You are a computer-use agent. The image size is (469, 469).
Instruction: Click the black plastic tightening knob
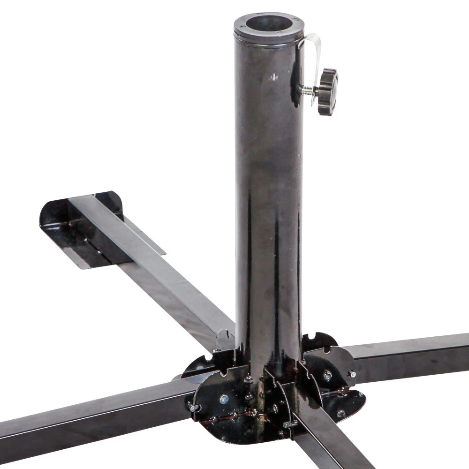[327, 91]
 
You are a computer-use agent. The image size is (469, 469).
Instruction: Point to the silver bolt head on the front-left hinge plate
[224, 399]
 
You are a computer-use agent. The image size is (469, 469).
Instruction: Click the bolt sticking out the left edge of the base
[192, 407]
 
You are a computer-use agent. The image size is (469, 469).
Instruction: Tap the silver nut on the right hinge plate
[327, 375]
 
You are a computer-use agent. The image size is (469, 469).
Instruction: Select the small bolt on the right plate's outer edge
[352, 374]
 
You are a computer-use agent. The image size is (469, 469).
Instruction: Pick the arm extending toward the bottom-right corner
[328, 441]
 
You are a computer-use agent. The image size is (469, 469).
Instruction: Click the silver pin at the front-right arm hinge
[290, 424]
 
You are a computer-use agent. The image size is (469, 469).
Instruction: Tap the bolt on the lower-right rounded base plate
[341, 413]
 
